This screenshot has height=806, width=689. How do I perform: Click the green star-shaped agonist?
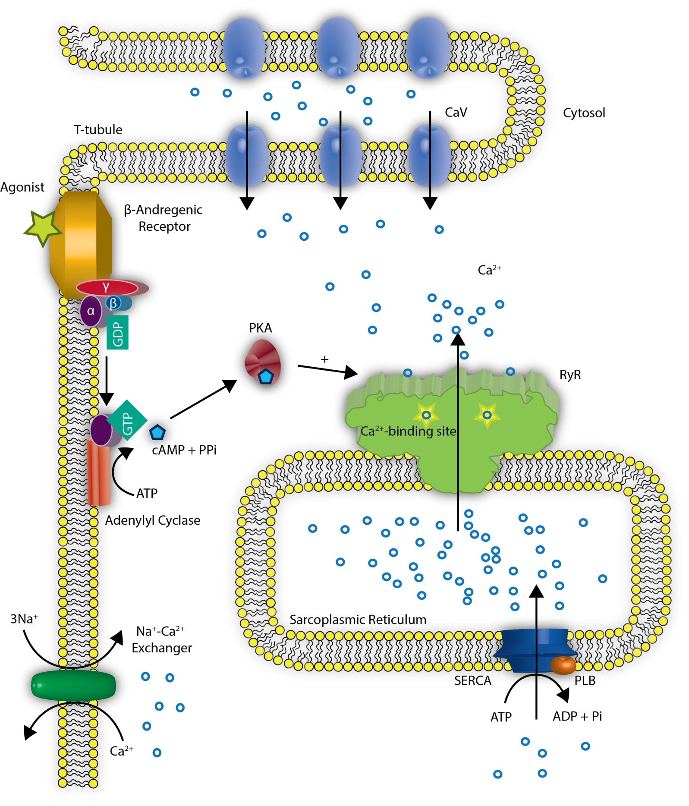[x=42, y=227]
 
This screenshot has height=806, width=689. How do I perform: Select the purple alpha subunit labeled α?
[x=91, y=311]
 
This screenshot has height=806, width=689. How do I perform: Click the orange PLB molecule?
[x=563, y=665]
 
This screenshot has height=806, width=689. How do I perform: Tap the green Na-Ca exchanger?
[x=73, y=685]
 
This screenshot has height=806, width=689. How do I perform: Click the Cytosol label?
[x=584, y=113]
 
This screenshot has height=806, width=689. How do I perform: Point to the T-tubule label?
[x=98, y=130]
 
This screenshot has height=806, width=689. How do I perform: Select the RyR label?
[x=570, y=375]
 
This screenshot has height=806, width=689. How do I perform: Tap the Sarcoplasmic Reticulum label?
[x=358, y=620]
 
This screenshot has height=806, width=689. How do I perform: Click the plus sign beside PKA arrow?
[x=324, y=359]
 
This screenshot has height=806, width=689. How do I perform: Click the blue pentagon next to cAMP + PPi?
[x=157, y=432]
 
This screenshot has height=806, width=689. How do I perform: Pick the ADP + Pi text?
[x=577, y=716]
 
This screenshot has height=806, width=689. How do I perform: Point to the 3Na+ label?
[x=24, y=619]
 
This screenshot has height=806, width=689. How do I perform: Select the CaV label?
[x=456, y=113]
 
